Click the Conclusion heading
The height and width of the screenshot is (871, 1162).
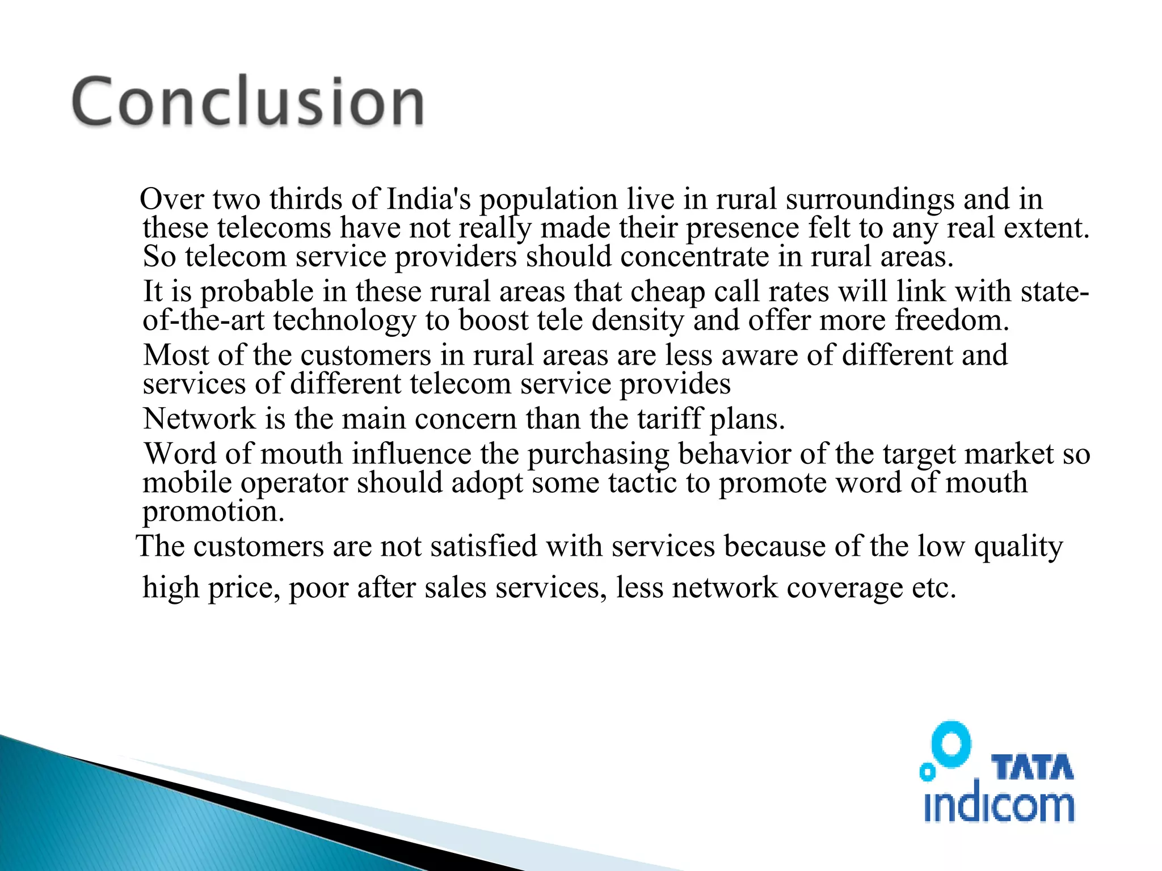(x=248, y=102)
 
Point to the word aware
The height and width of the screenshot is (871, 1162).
(x=760, y=356)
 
